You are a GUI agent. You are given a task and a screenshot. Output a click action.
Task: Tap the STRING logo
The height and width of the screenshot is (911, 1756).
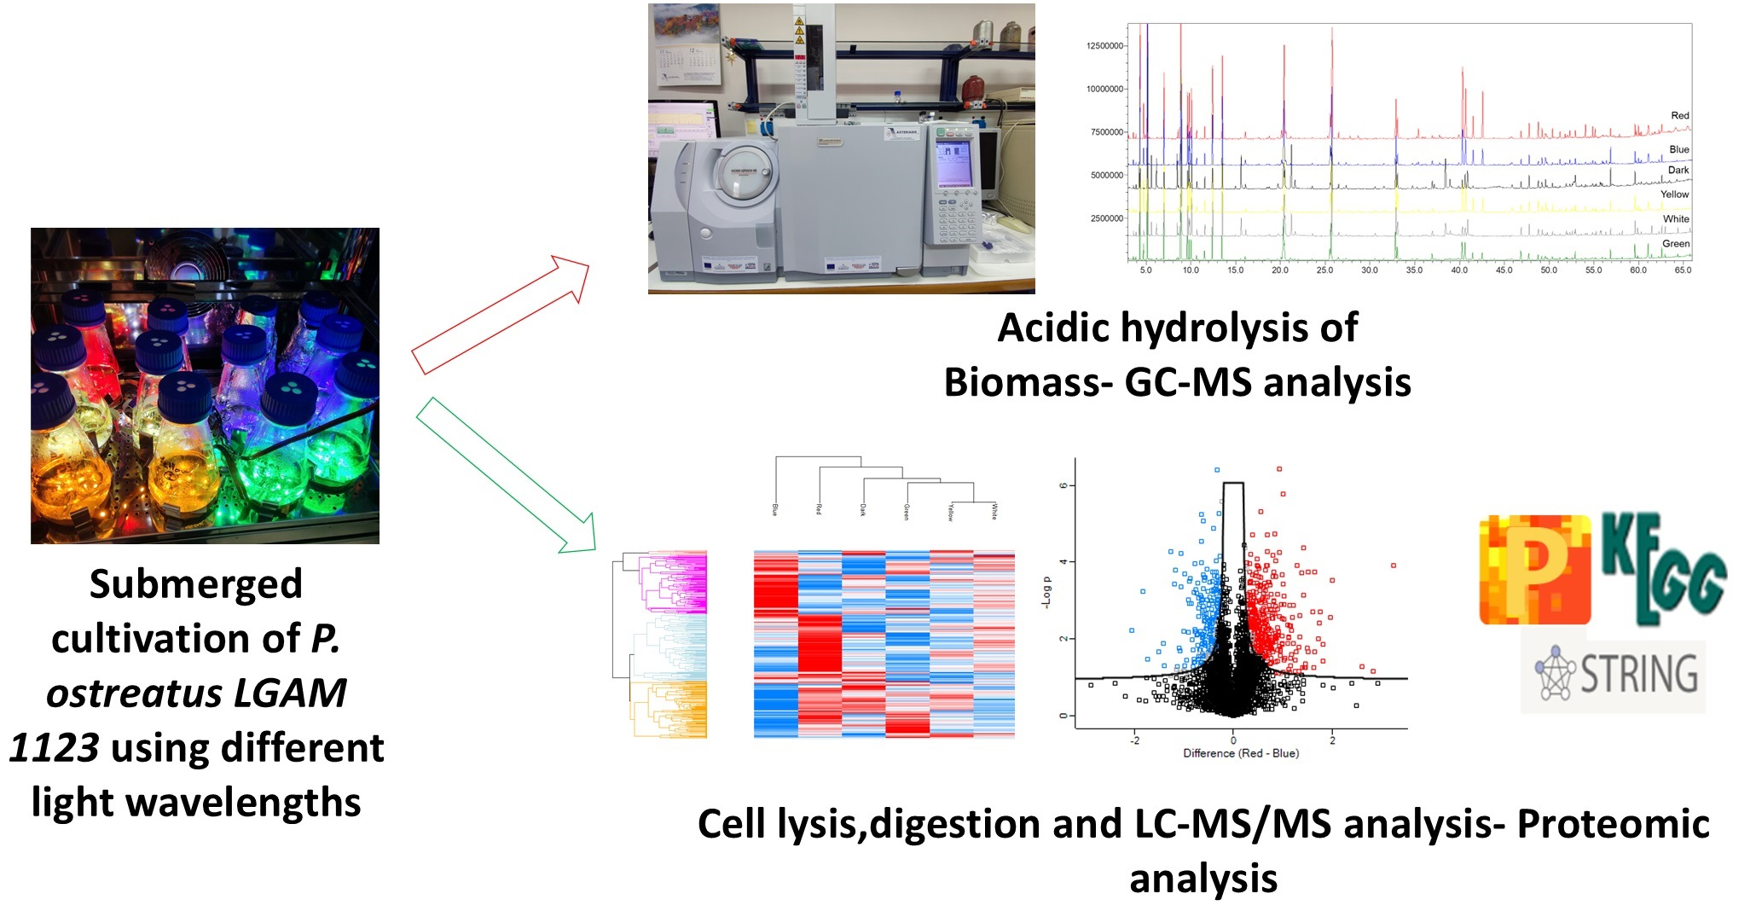pos(1614,675)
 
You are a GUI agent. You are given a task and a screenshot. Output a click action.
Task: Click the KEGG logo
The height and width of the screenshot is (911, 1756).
pos(1663,566)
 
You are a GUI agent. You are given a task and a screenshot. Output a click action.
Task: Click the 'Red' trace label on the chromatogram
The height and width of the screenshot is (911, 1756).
pos(1679,115)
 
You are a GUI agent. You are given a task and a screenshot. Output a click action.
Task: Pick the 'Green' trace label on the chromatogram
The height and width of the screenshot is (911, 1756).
pos(1675,244)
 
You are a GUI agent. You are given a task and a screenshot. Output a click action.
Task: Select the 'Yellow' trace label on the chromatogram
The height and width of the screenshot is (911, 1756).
pos(1674,194)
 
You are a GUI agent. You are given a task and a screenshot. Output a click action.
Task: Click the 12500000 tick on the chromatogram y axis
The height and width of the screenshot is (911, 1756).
pos(1104,46)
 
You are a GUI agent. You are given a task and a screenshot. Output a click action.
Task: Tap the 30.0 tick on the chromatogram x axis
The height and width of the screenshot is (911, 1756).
pos(1370,270)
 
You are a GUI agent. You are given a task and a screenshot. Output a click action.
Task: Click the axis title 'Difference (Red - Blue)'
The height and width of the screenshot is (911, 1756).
pos(1240,753)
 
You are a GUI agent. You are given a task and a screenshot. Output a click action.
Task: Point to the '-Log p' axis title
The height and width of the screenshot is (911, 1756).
pos(1046,592)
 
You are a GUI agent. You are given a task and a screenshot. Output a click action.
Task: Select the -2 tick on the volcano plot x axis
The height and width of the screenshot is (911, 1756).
pos(1134,740)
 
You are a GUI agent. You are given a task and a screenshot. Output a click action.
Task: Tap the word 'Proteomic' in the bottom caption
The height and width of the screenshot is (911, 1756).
pos(1613,824)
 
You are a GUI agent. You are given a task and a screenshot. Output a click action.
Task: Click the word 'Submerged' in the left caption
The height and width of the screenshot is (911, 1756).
pos(196,584)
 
